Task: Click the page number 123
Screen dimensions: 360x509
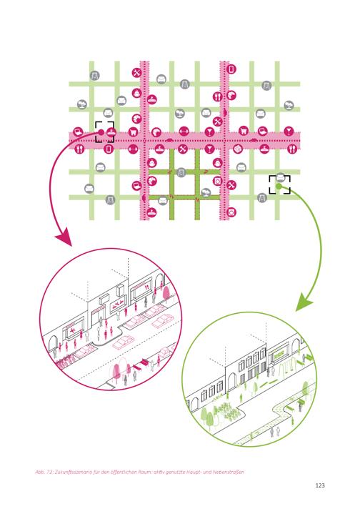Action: click(320, 485)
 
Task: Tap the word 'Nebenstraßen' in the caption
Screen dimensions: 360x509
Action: click(229, 472)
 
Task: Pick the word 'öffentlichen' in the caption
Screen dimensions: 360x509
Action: click(121, 472)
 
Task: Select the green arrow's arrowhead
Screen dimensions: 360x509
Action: click(304, 302)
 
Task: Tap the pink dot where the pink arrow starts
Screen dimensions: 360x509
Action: click(101, 132)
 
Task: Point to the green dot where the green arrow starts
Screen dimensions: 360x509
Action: click(279, 186)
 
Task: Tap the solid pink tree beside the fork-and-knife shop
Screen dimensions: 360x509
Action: click(166, 293)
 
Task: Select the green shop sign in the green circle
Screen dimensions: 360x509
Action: click(279, 354)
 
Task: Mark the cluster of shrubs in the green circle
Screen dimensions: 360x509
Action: click(227, 410)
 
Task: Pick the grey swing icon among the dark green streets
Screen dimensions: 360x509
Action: click(181, 172)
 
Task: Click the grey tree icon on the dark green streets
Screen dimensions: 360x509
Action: click(205, 193)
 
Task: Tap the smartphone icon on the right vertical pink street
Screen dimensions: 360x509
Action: click(231, 69)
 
